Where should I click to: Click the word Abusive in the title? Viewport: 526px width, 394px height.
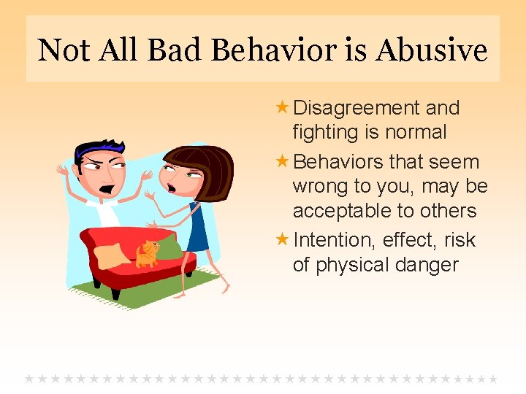click(432, 50)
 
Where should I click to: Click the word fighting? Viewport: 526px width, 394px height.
click(326, 133)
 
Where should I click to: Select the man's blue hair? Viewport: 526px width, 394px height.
click(99, 147)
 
